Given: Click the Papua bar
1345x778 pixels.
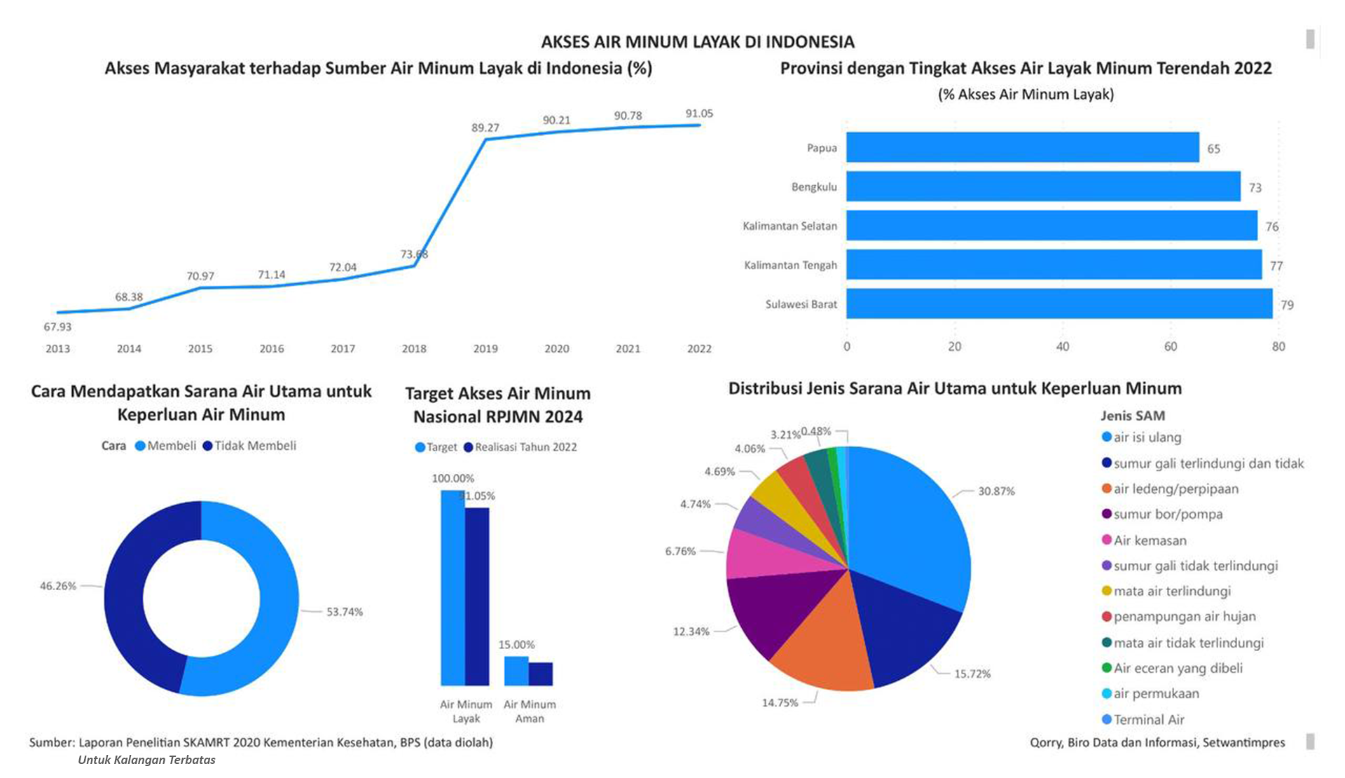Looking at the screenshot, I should tap(1022, 148).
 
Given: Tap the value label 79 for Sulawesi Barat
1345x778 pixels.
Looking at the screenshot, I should tap(1287, 305).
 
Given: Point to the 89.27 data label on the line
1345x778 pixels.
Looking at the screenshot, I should tap(485, 128).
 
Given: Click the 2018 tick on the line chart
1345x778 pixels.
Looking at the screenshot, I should tap(414, 348).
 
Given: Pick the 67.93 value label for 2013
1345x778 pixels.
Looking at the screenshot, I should tap(57, 327).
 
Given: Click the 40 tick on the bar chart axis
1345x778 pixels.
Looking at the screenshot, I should tap(1062, 346).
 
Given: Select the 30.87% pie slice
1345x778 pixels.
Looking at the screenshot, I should tap(911, 533).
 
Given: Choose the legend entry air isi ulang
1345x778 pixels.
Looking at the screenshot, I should tap(1147, 437).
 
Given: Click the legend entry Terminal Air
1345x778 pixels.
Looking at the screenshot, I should tap(1148, 719).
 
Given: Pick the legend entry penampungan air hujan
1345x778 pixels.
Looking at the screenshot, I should tap(1184, 617).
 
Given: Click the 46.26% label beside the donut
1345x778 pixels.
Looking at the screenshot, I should tap(57, 586).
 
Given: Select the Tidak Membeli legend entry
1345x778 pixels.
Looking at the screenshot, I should tap(254, 446).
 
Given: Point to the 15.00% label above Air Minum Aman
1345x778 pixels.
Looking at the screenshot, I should tap(516, 644).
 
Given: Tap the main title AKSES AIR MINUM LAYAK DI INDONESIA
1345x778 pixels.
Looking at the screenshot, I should tap(697, 42).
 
